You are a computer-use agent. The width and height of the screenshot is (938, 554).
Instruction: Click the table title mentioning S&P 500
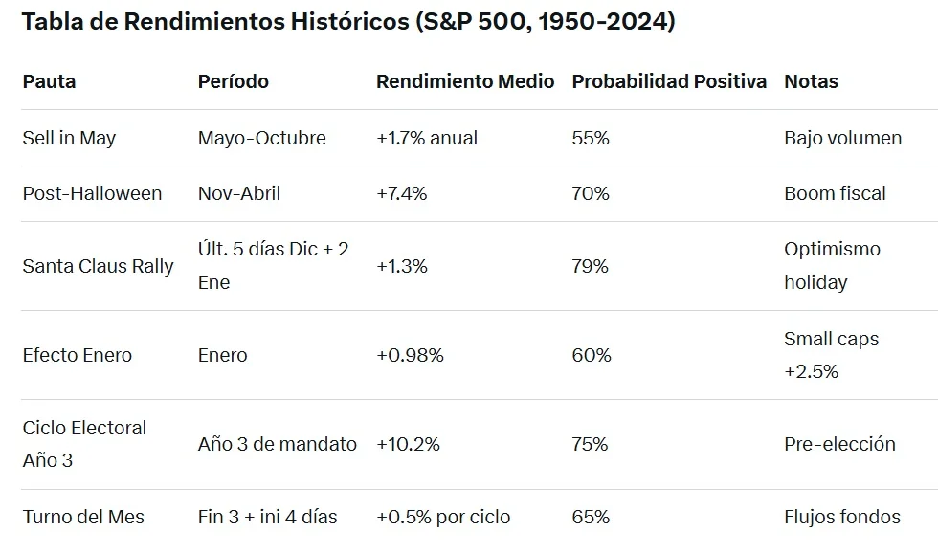tap(348, 23)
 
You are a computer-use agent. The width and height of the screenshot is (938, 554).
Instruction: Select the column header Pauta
tap(49, 81)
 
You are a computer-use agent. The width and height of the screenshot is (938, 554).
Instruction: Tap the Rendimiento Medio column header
tap(465, 81)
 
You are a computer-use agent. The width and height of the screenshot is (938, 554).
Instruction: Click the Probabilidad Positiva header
tap(669, 81)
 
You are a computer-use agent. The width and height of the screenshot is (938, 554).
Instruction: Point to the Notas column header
tap(811, 81)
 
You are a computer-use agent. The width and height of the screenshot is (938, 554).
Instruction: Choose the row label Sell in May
tap(69, 138)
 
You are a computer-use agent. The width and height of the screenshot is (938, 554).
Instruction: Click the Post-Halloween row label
tap(92, 193)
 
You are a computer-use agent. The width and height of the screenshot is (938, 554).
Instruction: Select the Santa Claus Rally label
tap(98, 266)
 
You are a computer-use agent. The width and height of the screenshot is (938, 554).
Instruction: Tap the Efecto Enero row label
tap(78, 355)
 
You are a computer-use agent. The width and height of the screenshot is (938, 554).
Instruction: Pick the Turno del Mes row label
tap(83, 517)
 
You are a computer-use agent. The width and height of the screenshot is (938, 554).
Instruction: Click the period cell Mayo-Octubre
tap(261, 138)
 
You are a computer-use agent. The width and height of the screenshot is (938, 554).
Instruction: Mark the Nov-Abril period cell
tap(239, 193)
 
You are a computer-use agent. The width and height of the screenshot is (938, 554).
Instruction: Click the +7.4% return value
tap(402, 193)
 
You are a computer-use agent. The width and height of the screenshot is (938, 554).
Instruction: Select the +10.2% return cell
tap(408, 444)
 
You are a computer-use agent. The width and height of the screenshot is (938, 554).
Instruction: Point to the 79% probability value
tap(590, 266)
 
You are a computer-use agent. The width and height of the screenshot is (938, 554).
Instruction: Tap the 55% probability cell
tap(590, 138)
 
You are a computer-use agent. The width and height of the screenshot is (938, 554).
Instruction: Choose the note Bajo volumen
tap(842, 138)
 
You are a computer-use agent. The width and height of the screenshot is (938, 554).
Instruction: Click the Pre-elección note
tap(839, 444)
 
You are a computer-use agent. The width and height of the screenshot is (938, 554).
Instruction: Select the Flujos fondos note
tap(841, 517)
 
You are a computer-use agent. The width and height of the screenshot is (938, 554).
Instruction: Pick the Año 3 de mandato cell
tap(277, 444)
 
